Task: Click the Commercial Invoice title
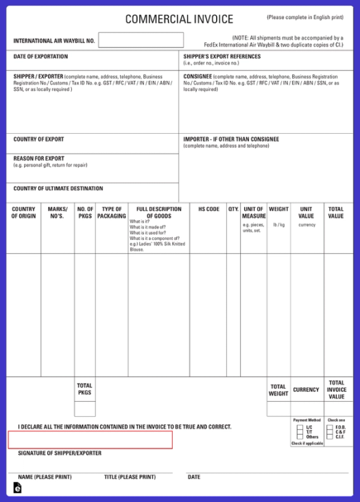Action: (179, 19)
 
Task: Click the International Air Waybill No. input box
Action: (141, 40)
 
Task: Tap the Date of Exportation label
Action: (40, 56)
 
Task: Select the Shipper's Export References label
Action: (221, 56)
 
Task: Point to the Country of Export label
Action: (38, 139)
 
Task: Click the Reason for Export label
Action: (38, 158)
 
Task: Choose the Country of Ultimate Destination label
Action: (58, 189)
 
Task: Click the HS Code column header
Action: (208, 209)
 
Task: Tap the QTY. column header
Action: (233, 209)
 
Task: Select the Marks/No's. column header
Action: (58, 213)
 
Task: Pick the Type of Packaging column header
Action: (111, 213)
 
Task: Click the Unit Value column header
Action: (306, 213)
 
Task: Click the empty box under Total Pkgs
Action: (85, 409)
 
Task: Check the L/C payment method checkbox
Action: (300, 427)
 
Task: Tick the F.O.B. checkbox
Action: (330, 427)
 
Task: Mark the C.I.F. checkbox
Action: (330, 437)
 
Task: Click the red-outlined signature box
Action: (90, 440)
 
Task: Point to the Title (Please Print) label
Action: (130, 477)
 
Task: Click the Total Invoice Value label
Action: (336, 390)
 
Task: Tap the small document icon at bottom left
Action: (17, 488)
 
